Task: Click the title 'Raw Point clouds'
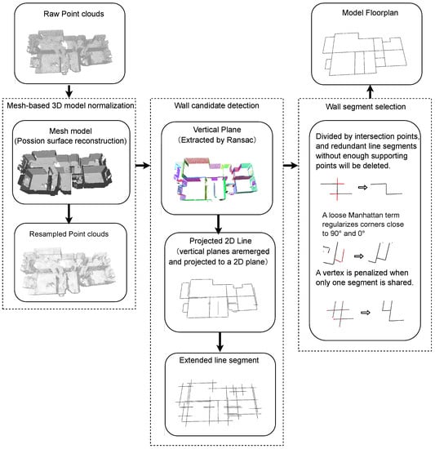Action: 73,14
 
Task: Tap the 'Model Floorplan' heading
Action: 370,12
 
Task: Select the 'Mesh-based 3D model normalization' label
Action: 71,105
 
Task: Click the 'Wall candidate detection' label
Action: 216,105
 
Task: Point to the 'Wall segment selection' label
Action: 366,106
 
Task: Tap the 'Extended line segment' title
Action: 219,360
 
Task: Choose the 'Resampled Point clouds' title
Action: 69,234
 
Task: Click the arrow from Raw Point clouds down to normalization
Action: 69,91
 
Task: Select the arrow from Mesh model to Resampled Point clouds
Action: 69,214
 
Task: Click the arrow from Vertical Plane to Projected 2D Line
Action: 219,224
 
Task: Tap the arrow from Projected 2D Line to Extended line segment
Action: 220,341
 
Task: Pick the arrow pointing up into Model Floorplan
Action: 370,91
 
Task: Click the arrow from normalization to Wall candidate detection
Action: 143,165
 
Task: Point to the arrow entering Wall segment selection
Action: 291,165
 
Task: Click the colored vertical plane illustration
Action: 217,179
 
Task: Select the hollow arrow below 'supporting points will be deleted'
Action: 362,187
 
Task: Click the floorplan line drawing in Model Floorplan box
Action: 365,54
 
